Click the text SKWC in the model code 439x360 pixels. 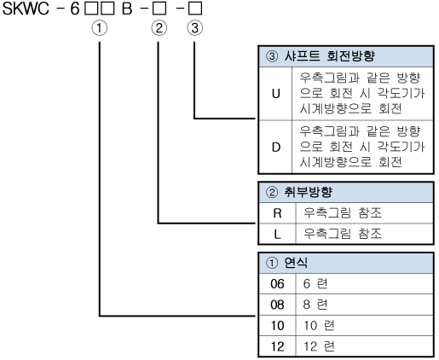pos(26,9)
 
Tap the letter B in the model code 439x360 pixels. pos(127,9)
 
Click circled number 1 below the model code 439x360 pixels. pos(100,28)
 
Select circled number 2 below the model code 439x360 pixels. pos(159,28)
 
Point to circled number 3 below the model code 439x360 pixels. pos(195,28)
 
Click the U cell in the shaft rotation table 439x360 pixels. pos(275,94)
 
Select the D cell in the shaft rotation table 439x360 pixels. pos(275,148)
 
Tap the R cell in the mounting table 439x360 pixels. pos(277,213)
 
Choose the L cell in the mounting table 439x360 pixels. pos(277,235)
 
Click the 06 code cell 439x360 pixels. pos(277,284)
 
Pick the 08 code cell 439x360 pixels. pos(277,305)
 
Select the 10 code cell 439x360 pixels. pos(277,326)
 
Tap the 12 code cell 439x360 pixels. pos(277,346)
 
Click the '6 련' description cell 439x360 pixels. pos(315,284)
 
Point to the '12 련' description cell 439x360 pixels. pos(319,346)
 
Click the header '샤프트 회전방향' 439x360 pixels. pos(330,56)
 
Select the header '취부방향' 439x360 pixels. pos(308,192)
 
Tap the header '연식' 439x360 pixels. pos(296,263)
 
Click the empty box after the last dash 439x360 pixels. pos(195,9)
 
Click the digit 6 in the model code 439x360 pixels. pos(74,9)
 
